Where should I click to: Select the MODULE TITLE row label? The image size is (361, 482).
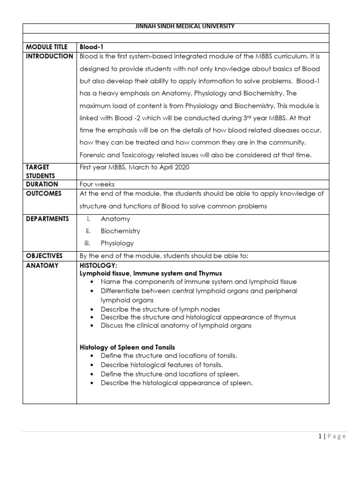click(47, 47)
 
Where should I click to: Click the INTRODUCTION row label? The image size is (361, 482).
click(49, 56)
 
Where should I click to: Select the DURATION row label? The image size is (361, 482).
click(42, 185)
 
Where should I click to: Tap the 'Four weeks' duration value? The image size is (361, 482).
click(97, 185)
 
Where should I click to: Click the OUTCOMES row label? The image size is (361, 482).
click(44, 193)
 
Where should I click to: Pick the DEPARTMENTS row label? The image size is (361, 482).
click(47, 218)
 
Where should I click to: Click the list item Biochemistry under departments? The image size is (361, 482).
click(120, 231)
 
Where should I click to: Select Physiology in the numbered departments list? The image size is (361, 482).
click(117, 243)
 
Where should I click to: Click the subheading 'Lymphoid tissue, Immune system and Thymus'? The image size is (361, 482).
click(151, 273)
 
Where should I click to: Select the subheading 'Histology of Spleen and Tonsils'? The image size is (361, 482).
click(127, 347)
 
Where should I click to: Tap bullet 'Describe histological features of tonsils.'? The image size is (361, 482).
click(162, 365)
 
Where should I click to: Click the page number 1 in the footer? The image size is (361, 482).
click(319, 436)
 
